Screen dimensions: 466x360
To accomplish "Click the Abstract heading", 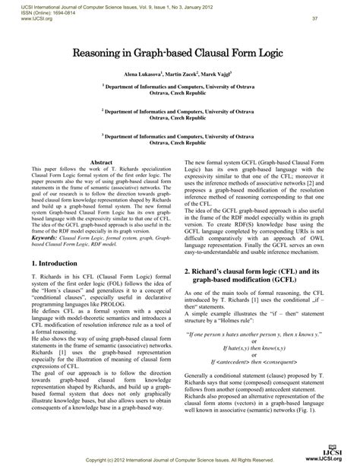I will [102, 163].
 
